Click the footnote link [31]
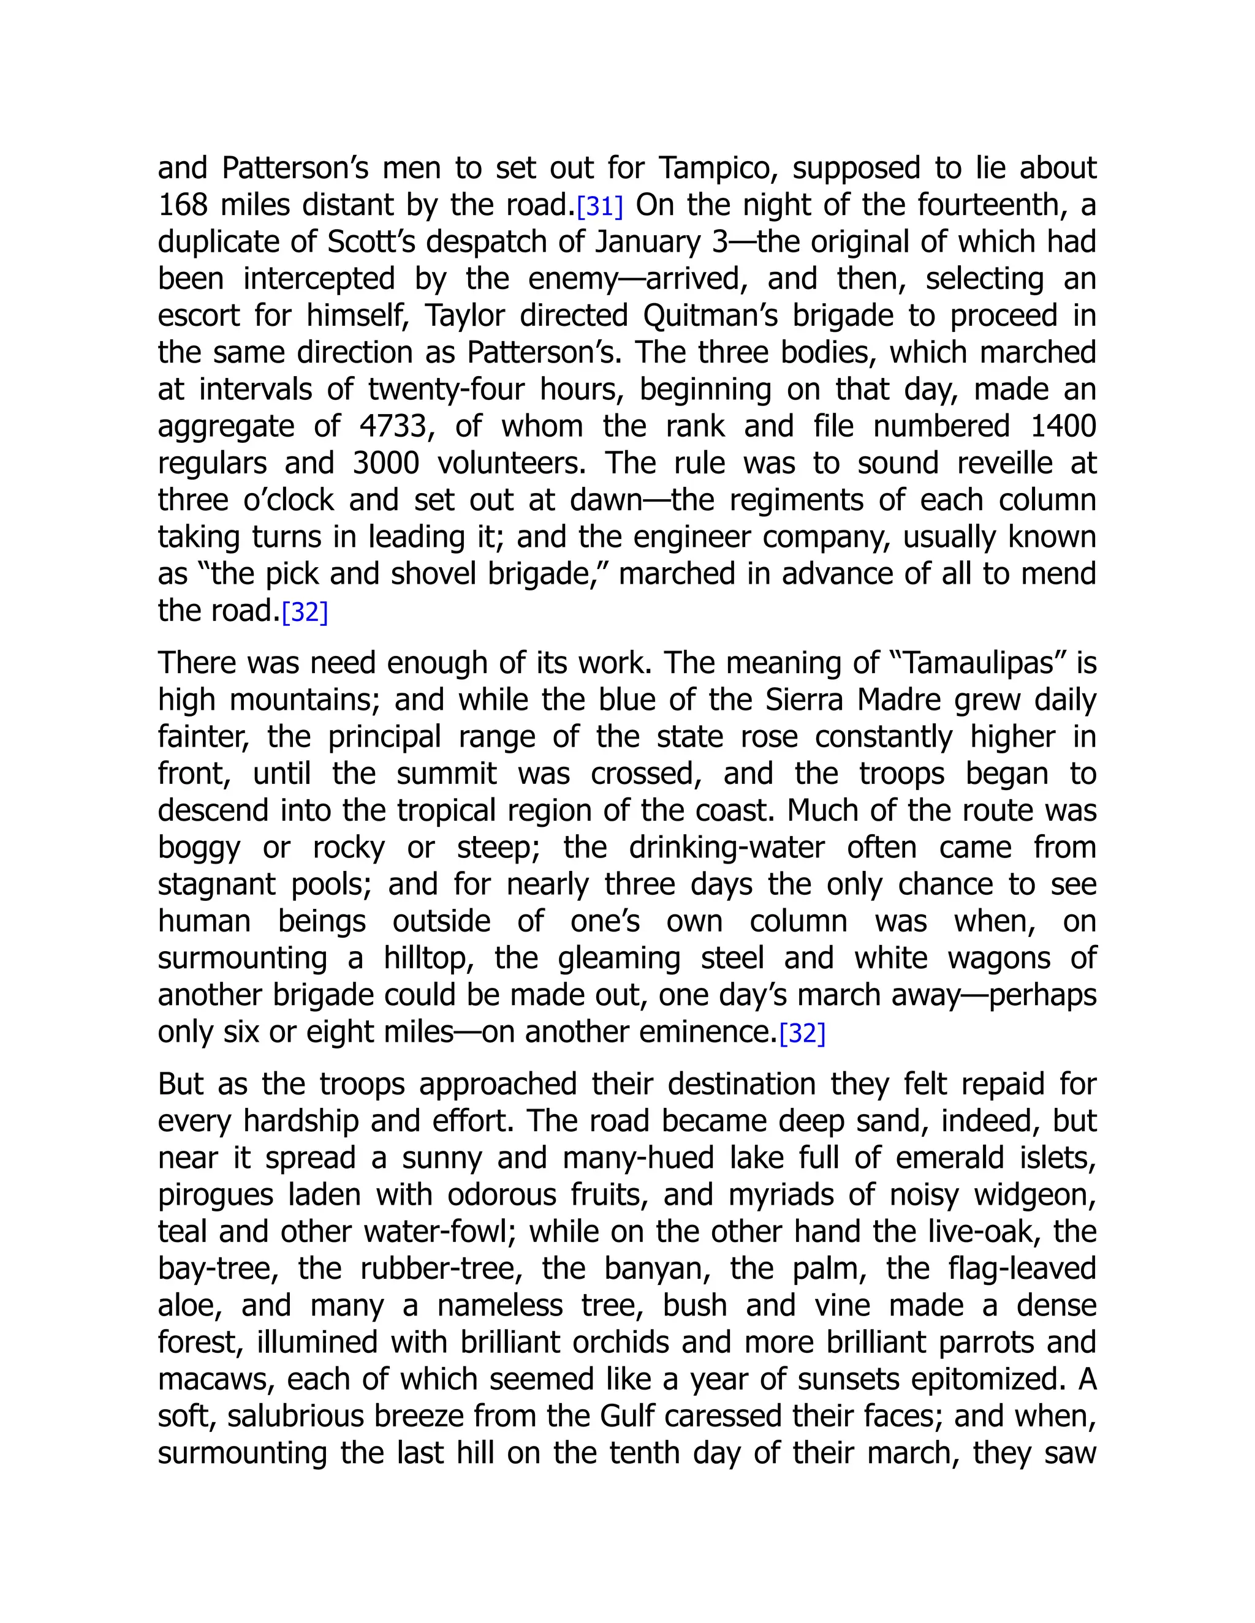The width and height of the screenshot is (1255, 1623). click(599, 206)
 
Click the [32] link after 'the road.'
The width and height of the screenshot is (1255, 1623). click(305, 612)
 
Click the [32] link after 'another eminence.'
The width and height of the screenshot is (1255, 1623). click(802, 1034)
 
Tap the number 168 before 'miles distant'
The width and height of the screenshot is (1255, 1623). click(182, 206)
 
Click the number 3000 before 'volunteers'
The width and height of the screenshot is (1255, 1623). click(386, 464)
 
